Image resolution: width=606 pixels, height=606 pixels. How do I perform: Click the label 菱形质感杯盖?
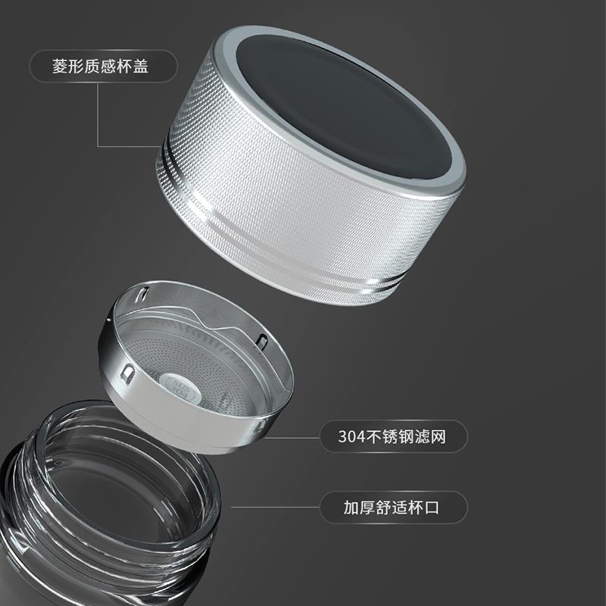click(100, 66)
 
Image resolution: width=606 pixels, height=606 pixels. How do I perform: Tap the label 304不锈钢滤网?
click(392, 437)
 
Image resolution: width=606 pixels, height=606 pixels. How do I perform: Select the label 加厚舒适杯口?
click(392, 508)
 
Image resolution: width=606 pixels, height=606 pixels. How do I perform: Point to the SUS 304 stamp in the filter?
click(180, 386)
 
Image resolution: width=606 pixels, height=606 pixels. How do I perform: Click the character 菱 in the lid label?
click(60, 66)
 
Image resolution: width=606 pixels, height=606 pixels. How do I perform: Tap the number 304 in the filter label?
click(351, 437)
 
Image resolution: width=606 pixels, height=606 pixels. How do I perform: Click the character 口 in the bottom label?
click(432, 508)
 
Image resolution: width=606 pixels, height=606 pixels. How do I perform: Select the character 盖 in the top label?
click(141, 66)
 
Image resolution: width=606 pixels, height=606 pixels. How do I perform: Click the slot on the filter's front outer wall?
click(127, 374)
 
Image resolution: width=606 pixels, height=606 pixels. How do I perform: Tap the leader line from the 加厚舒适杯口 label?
click(275, 507)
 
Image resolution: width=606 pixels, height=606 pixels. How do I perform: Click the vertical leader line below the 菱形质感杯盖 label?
click(98, 114)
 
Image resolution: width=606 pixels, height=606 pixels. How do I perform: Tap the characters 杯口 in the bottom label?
click(424, 508)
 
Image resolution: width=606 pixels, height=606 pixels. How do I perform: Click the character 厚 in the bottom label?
click(367, 508)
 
